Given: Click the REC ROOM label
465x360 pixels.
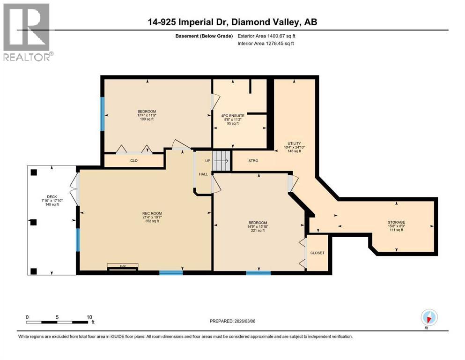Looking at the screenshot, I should point(152,213).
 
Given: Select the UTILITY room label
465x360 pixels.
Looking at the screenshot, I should point(294,143).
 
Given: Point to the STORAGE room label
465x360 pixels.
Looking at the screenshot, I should point(396,222).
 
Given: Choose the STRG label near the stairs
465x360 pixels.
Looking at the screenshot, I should point(253,161).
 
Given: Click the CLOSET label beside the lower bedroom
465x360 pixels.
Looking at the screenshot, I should point(317,253).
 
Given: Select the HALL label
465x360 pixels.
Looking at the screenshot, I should point(203,174).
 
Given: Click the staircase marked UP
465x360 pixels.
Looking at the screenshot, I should point(222,161).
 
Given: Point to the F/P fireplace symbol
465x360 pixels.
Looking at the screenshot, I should point(123,266).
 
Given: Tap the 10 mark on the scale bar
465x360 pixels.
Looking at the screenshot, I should point(89,317).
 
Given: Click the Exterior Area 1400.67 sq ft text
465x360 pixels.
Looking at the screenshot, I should point(267,36).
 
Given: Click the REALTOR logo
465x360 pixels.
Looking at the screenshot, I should point(27,32).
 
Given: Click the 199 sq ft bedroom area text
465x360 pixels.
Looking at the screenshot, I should point(147,119).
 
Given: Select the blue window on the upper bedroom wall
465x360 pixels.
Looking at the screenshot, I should point(102,114).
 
